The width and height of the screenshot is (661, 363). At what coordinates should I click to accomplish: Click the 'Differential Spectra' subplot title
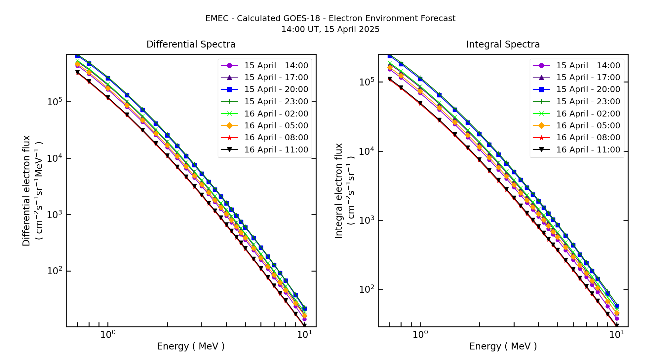[191, 45]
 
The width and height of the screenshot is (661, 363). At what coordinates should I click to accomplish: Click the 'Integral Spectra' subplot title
[503, 45]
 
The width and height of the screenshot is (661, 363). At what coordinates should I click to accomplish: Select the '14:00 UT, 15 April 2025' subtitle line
[330, 29]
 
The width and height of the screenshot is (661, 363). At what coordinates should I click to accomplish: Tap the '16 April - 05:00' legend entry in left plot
[276, 126]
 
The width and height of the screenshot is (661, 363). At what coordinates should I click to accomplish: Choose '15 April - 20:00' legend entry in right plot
[588, 89]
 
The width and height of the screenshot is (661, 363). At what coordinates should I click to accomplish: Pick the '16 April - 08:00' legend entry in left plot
[276, 138]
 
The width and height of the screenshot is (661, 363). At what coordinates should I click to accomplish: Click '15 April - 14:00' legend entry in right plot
[588, 66]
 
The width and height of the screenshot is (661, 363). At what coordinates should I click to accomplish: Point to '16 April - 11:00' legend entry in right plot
[588, 150]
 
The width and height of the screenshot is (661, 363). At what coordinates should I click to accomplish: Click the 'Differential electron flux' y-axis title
[26, 190]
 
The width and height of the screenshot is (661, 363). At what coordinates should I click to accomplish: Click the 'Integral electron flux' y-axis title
[339, 190]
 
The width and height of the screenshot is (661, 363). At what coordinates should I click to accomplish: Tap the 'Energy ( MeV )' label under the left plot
[191, 346]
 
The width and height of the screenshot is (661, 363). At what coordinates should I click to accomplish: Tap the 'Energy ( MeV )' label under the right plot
[503, 346]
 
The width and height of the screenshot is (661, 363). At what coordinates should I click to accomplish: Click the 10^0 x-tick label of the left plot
[108, 335]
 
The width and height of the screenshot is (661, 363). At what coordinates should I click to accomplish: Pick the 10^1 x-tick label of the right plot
[616, 335]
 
